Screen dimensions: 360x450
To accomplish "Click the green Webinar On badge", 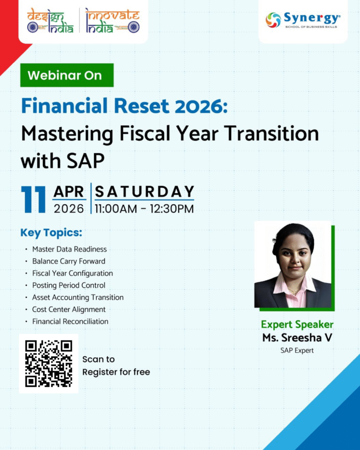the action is click(67, 75).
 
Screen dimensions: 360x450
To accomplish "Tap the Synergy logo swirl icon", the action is click(273, 20).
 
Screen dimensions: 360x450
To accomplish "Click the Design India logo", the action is click(51, 21).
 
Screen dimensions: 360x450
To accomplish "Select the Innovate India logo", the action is click(113, 21).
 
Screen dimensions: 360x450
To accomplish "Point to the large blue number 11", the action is click(33, 200).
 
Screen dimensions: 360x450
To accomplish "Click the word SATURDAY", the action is click(145, 192).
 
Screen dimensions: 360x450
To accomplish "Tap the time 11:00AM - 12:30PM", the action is click(144, 209).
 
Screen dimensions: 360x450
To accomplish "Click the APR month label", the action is click(69, 192).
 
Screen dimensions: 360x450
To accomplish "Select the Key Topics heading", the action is click(51, 233).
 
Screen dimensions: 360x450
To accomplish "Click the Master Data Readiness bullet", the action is click(69, 249).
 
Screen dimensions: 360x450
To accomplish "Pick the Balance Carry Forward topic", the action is click(69, 261).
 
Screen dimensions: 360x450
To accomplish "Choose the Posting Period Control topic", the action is click(69, 285).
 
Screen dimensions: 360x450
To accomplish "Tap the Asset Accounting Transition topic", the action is click(78, 298).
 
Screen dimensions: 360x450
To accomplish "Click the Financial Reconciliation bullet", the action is click(70, 321).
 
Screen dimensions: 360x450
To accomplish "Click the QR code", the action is click(48, 363).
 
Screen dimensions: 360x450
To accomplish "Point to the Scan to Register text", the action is click(116, 366).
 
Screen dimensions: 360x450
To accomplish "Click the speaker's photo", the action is click(293, 264).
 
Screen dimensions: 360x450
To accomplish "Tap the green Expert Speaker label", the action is click(297, 325).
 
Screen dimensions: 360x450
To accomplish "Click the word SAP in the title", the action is click(85, 161).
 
